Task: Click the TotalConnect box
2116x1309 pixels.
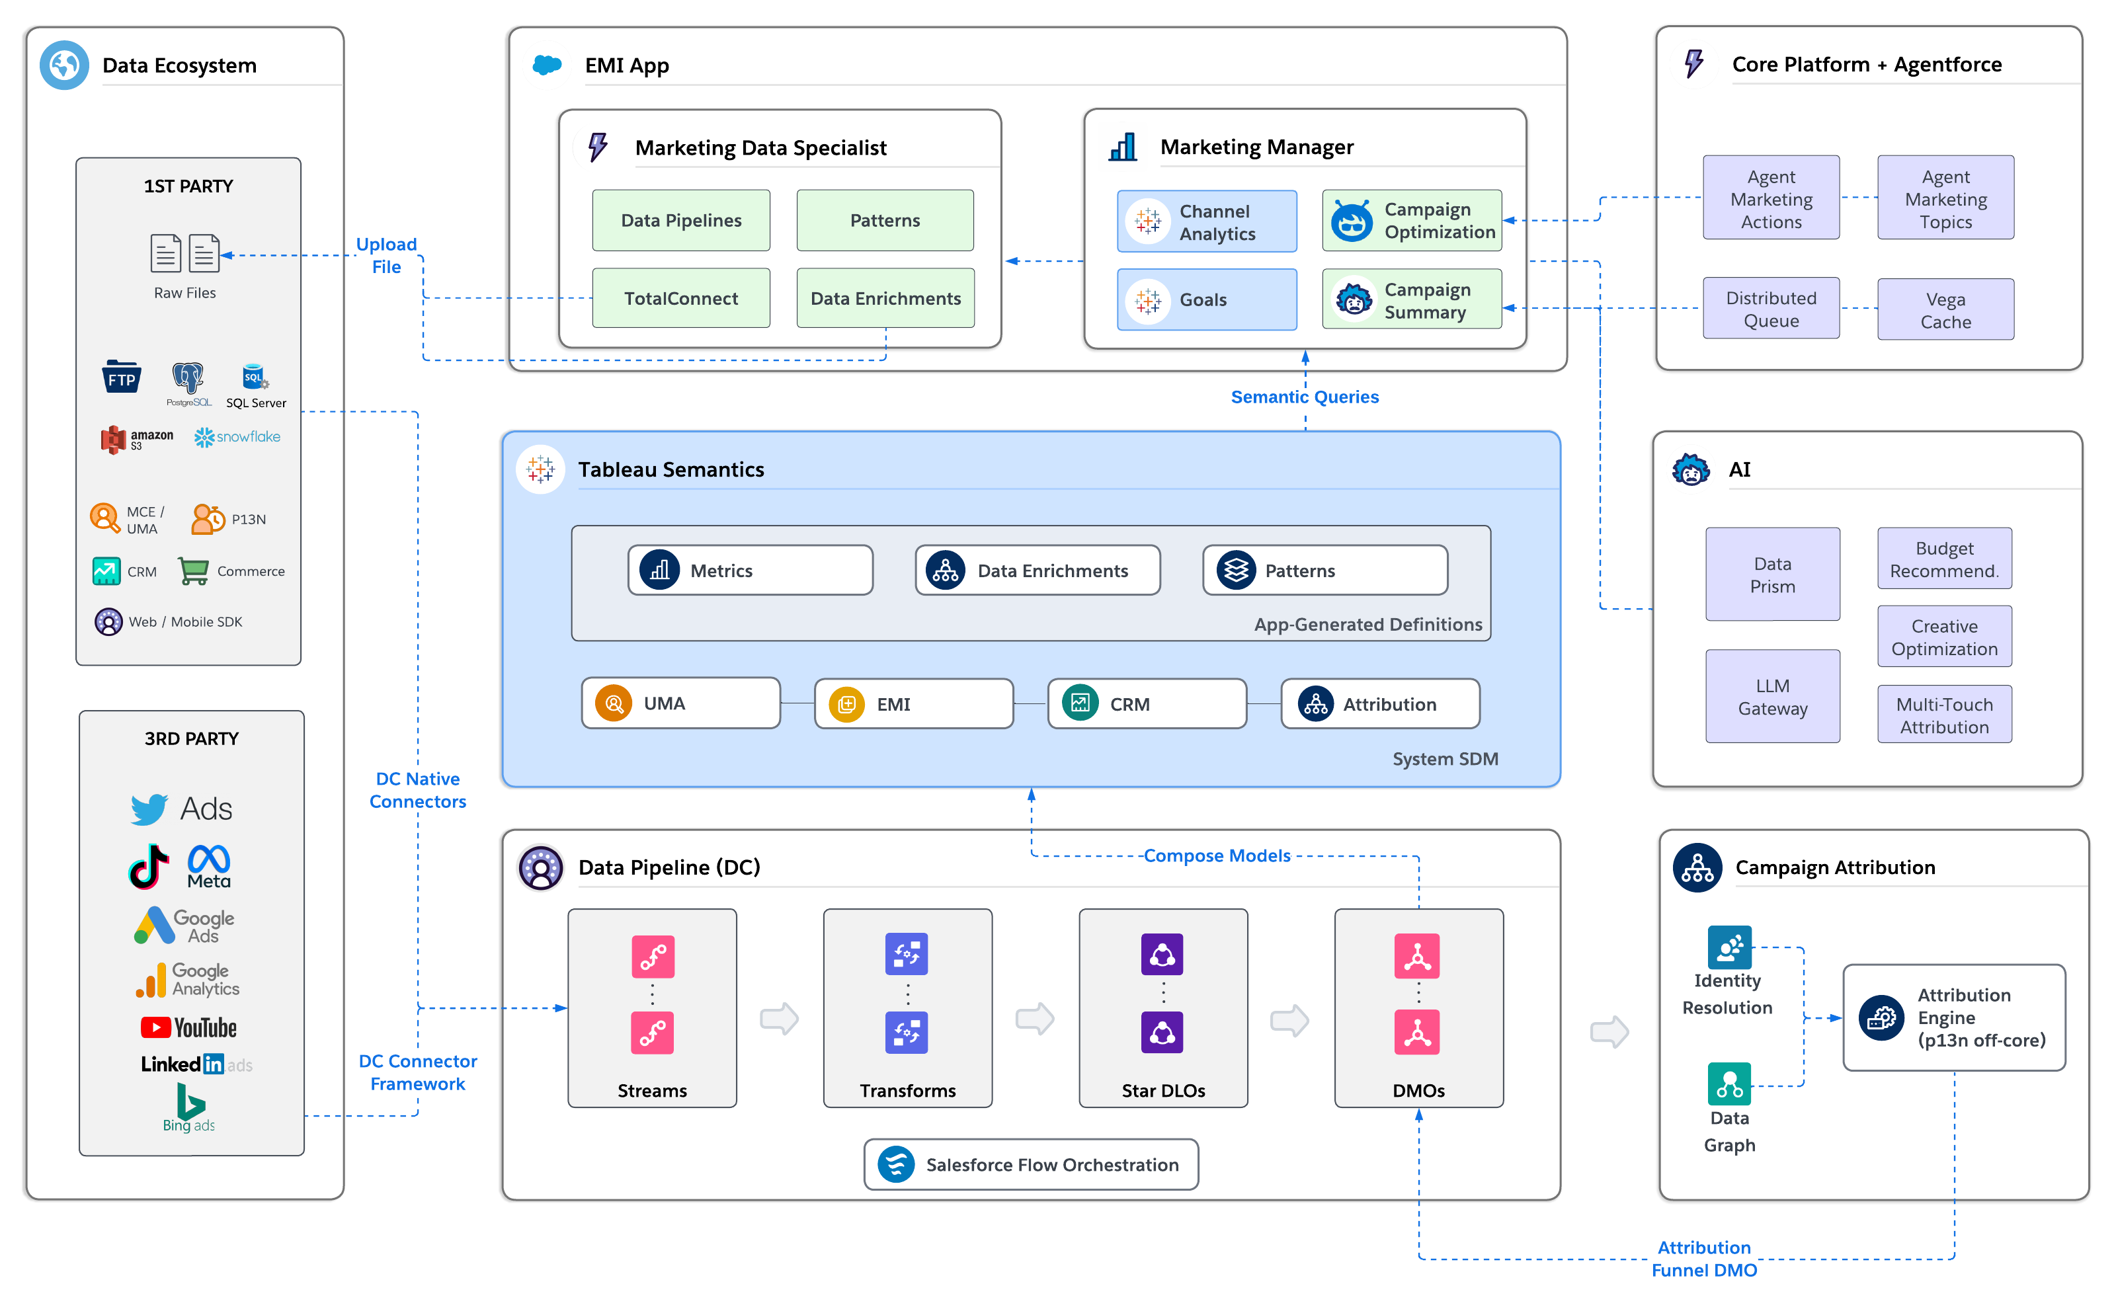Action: point(680,297)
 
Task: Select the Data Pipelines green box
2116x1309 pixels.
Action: point(680,220)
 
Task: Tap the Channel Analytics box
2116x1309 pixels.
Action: point(1206,221)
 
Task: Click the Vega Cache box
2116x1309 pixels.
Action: point(1945,309)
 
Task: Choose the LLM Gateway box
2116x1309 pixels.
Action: point(1772,696)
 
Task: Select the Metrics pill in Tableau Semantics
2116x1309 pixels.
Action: point(750,571)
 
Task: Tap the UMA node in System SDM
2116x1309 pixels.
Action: point(680,703)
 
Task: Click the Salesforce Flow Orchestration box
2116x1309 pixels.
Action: point(1030,1164)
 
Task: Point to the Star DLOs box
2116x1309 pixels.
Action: point(1162,1008)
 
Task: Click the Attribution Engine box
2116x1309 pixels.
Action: point(1953,1017)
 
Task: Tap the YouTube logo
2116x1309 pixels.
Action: point(188,1027)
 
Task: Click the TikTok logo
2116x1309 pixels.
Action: point(148,867)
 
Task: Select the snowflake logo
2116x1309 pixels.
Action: point(237,437)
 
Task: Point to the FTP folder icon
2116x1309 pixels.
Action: point(121,377)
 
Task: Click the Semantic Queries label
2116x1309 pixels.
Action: point(1304,397)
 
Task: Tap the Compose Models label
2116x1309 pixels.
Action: point(1217,855)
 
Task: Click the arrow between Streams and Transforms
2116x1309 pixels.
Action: point(779,1018)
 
